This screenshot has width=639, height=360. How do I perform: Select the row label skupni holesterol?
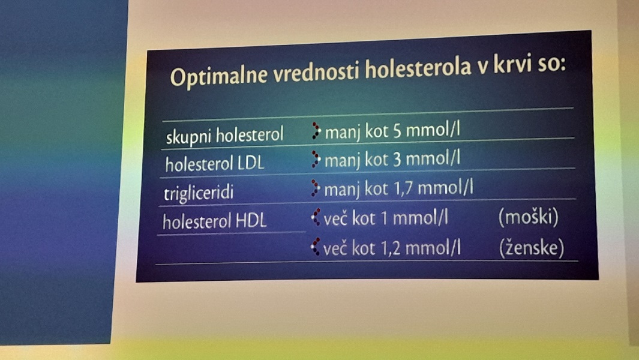[224, 136]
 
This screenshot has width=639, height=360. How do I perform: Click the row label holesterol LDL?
[215, 164]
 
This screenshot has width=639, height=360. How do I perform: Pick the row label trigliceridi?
[199, 193]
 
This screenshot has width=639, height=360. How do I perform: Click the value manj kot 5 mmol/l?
[392, 131]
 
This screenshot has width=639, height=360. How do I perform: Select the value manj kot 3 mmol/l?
[392, 160]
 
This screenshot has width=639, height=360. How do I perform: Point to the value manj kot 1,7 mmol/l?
[398, 189]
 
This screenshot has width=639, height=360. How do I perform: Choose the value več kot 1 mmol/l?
[386, 218]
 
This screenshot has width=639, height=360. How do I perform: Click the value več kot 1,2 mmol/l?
[392, 248]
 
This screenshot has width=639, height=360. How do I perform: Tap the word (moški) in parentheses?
[528, 217]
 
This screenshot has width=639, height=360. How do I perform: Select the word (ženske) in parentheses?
[532, 247]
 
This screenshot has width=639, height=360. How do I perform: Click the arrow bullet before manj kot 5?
[316, 131]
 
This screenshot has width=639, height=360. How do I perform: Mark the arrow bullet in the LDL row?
[316, 160]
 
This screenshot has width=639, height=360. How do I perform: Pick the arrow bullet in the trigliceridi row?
[316, 188]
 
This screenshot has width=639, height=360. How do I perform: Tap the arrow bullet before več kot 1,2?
[316, 247]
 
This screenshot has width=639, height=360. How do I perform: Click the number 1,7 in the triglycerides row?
[403, 189]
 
